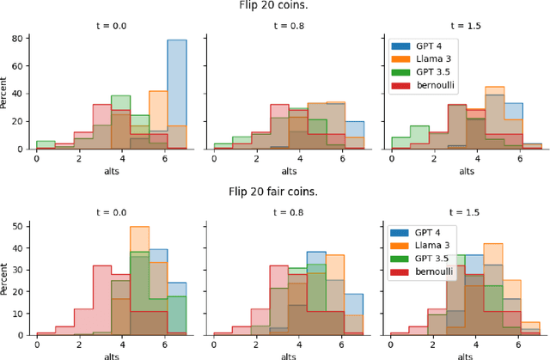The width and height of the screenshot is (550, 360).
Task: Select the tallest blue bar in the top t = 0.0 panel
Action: [x=176, y=95]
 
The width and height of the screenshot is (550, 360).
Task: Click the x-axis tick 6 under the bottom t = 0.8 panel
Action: [x=342, y=343]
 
